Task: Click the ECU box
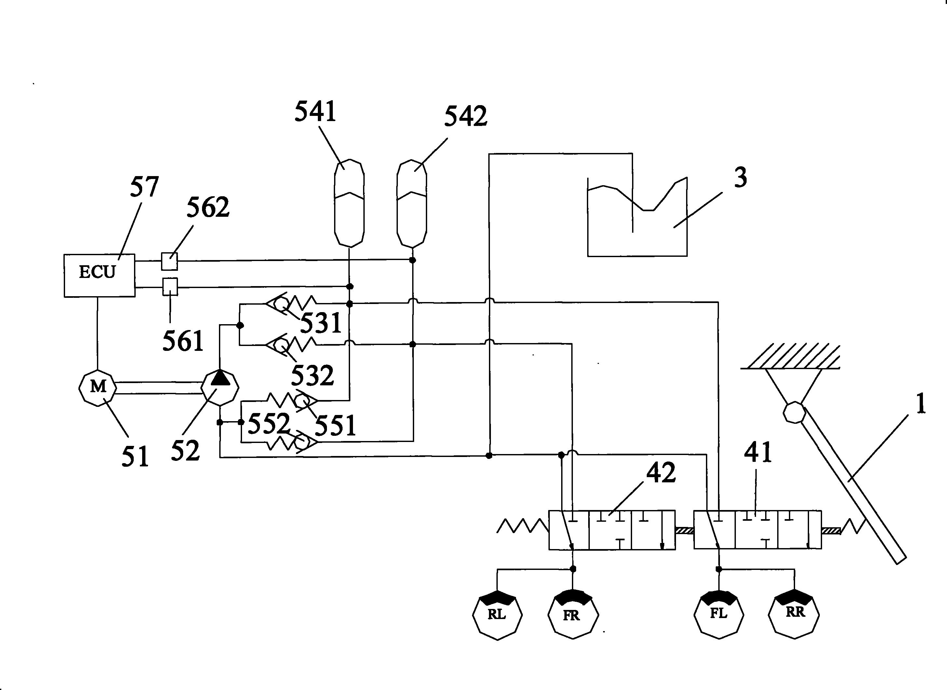pos(99,275)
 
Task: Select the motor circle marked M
pos(98,387)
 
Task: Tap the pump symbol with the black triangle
pos(220,387)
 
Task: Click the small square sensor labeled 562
pos(169,261)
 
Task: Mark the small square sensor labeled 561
pos(169,286)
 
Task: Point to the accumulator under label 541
pos(349,203)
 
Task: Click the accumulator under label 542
pos(412,203)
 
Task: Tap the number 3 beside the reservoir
pos(740,177)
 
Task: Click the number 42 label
pos(661,473)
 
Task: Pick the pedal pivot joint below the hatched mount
pos(794,413)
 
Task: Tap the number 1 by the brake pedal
pos(921,404)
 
